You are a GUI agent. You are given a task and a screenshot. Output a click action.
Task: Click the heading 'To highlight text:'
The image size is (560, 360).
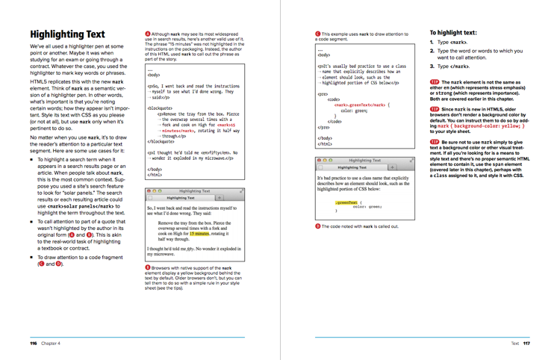tap(453, 33)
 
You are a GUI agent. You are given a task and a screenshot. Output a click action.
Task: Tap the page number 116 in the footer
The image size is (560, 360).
tap(33, 344)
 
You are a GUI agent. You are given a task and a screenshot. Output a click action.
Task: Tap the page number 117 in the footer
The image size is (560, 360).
tap(526, 344)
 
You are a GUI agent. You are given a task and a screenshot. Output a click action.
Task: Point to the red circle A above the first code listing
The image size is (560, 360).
tap(148, 34)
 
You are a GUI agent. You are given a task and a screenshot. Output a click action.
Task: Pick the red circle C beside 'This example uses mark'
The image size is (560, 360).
tap(318, 34)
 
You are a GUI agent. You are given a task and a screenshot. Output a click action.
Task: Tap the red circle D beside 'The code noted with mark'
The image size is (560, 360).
tap(318, 226)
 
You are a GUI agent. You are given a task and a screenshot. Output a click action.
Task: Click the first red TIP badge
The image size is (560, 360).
tap(435, 81)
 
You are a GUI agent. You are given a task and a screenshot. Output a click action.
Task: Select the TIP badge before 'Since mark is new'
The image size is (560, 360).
tap(435, 109)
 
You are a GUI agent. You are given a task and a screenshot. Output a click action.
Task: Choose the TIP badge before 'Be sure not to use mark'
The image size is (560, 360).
tap(435, 141)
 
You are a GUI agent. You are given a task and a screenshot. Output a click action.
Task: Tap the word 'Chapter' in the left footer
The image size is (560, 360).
tap(50, 344)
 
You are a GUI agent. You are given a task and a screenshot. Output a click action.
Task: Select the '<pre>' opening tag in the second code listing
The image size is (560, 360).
tap(323, 94)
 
